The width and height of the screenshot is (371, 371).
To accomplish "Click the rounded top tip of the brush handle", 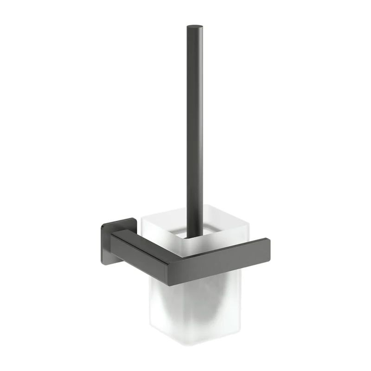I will (x=195, y=27).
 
